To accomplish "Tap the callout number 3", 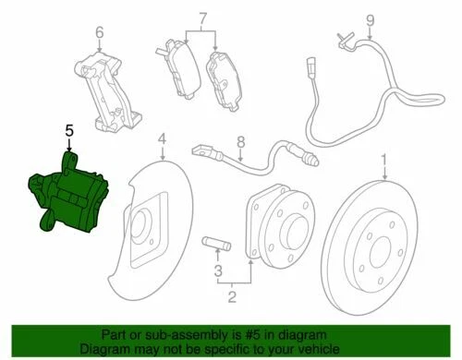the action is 218,271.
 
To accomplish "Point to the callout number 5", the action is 67,132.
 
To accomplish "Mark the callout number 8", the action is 238,141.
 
